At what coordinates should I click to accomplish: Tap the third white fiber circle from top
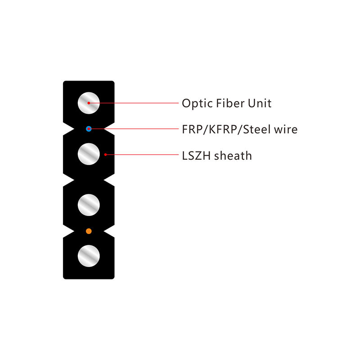pos(89,205)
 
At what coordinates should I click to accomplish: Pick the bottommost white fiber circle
pos(89,256)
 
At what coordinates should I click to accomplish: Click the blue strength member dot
pos(89,129)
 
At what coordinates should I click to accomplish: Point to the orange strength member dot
pos(89,231)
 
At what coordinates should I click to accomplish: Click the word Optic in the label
pos(197,103)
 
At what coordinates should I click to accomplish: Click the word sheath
pos(233,156)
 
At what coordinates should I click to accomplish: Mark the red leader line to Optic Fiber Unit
pos(135,103)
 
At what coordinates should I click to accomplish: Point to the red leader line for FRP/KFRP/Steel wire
pos(135,129)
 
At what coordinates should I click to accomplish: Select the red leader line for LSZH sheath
pos(142,154)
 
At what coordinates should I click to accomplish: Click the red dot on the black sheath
pos(105,154)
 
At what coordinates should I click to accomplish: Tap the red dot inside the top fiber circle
pos(89,103)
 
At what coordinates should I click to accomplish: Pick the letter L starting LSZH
pos(184,156)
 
